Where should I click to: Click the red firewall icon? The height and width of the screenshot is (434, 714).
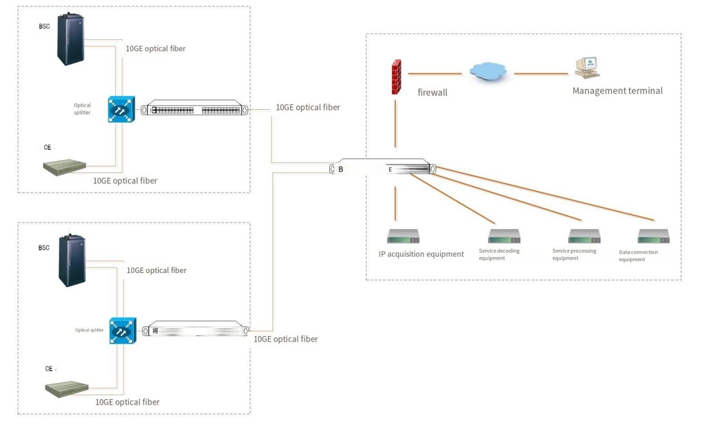point(396,77)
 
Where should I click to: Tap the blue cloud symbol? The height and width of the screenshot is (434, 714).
point(487,71)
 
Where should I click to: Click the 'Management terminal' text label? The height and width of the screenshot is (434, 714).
point(617,91)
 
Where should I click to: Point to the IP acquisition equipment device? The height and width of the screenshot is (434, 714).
point(403,236)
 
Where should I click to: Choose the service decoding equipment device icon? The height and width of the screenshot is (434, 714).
point(504,236)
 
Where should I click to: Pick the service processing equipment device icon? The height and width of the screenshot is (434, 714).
point(584,236)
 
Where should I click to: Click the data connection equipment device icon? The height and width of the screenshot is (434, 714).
point(653,236)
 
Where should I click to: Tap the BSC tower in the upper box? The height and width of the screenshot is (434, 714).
point(70,38)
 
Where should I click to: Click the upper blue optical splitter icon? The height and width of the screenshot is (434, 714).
point(121,109)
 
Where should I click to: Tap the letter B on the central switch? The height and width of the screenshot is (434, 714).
point(341,169)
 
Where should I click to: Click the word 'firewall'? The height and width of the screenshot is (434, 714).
point(432,92)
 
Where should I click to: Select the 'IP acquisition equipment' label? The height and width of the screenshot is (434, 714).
point(421,254)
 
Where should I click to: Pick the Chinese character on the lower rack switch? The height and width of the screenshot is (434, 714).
point(155,331)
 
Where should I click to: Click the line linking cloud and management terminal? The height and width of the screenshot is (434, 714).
point(541,74)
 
